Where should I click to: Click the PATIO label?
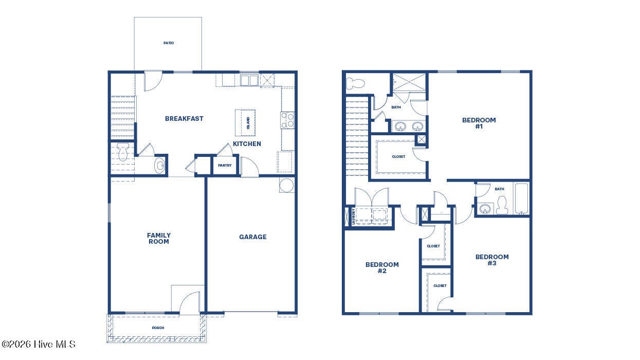tap(169, 43)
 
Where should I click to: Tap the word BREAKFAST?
tap(184, 118)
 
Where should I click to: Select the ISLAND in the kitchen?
tap(245, 123)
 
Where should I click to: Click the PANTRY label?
tap(225, 165)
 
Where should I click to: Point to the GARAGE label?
tap(253, 237)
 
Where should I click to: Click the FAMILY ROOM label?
tap(159, 238)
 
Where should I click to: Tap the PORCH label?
tap(158, 328)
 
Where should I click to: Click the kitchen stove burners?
tap(287, 120)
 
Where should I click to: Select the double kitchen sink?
tap(249, 80)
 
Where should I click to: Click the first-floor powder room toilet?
tap(123, 151)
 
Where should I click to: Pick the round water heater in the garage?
tap(286, 185)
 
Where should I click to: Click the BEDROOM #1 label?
tap(479, 123)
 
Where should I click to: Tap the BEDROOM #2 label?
tap(382, 267)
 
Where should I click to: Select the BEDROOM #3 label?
tap(492, 260)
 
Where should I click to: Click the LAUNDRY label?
tap(354, 217)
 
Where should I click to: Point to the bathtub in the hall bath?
tap(521, 199)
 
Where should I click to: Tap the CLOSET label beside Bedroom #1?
tap(398, 157)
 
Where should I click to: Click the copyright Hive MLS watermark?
tap(38, 344)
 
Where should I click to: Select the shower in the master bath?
tap(409, 82)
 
